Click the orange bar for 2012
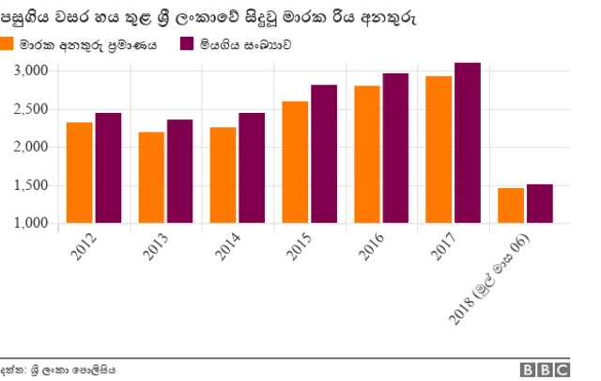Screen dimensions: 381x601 tap(79, 173)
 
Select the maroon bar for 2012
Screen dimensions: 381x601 tap(108, 168)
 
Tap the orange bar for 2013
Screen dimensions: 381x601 tap(151, 178)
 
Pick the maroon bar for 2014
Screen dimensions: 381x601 tap(252, 168)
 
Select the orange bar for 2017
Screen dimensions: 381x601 tap(438, 150)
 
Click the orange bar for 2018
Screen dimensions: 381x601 tap(510, 206)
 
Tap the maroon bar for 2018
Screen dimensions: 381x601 tap(539, 204)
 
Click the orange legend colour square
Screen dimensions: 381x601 tap(8, 43)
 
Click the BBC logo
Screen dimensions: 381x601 tap(547, 370)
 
